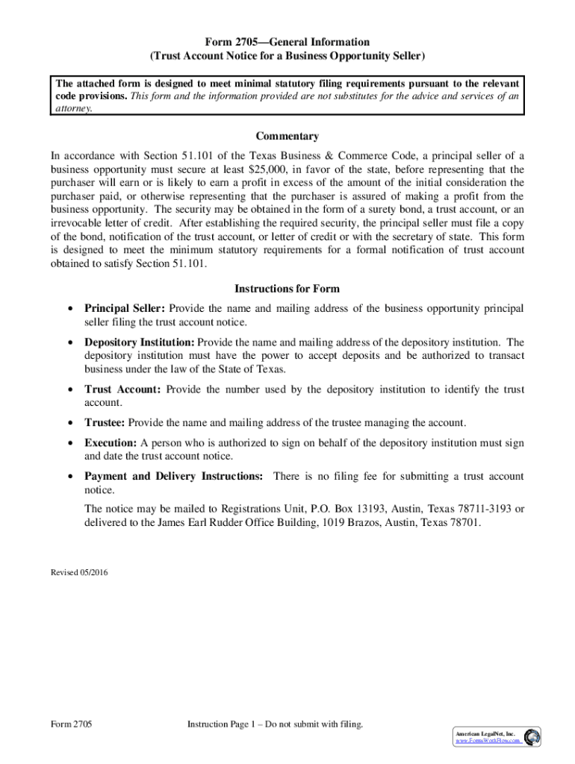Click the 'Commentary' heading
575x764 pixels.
[x=287, y=137]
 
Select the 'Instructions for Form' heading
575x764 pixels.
[x=287, y=289]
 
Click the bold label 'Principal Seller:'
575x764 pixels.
[x=125, y=309]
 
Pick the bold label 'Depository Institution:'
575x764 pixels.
[x=140, y=342]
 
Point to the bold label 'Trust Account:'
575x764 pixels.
[x=122, y=389]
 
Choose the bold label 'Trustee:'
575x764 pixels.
[x=105, y=423]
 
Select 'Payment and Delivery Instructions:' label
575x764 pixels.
[x=173, y=476]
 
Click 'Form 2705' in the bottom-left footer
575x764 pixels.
[x=71, y=724]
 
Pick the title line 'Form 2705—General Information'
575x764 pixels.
[x=287, y=42]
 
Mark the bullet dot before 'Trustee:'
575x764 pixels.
[x=69, y=423]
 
